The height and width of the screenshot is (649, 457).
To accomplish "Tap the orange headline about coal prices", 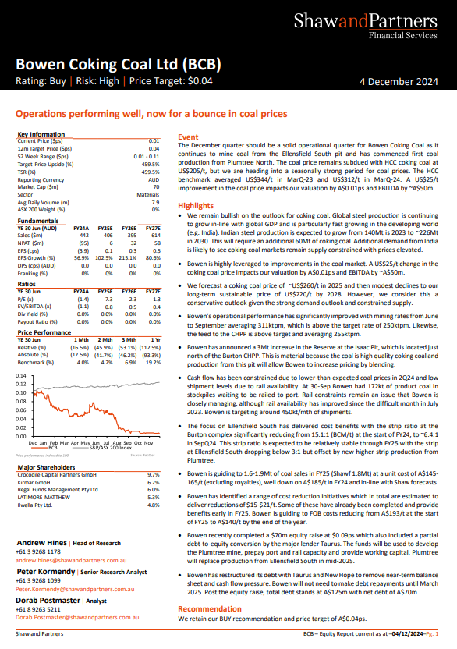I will pyautogui.click(x=151, y=114).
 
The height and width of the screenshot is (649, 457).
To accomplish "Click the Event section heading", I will pyautogui.click(x=188, y=137).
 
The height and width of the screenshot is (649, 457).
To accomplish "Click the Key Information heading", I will pyautogui.click(x=41, y=134).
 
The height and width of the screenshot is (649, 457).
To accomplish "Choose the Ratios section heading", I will pyautogui.click(x=27, y=284).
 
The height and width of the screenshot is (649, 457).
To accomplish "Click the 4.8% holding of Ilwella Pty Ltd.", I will pyautogui.click(x=153, y=505).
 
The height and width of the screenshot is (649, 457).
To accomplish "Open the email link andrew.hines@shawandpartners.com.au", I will pyautogui.click(x=71, y=560).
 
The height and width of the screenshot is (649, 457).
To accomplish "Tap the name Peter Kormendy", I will pyautogui.click(x=46, y=572).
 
